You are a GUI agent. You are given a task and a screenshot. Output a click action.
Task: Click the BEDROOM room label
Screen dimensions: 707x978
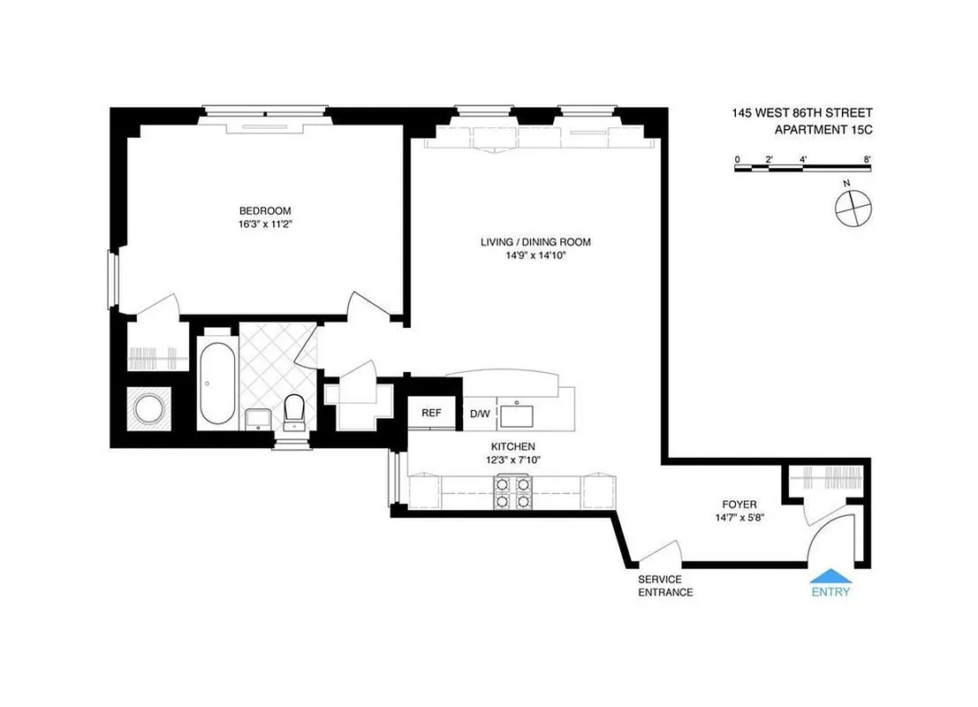(265, 210)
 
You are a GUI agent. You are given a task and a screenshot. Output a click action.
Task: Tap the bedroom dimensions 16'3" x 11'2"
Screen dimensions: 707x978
(265, 224)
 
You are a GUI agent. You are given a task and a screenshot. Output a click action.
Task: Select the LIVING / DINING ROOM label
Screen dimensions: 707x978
(535, 242)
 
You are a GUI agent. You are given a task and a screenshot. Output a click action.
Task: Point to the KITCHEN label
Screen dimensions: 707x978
(513, 447)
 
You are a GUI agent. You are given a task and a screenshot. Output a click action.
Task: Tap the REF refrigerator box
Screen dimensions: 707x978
(431, 413)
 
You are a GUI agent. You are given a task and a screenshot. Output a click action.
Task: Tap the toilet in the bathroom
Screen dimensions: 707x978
(294, 410)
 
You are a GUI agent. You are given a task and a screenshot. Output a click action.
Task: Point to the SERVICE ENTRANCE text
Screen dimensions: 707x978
(665, 586)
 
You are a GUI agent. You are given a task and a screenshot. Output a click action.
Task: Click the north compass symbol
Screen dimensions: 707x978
(853, 206)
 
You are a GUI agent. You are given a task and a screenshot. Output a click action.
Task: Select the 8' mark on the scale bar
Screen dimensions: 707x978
(868, 159)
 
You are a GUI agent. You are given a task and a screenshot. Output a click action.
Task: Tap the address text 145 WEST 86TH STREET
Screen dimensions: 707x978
(801, 113)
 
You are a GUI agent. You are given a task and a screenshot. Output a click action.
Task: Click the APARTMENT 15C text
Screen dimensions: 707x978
(823, 130)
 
